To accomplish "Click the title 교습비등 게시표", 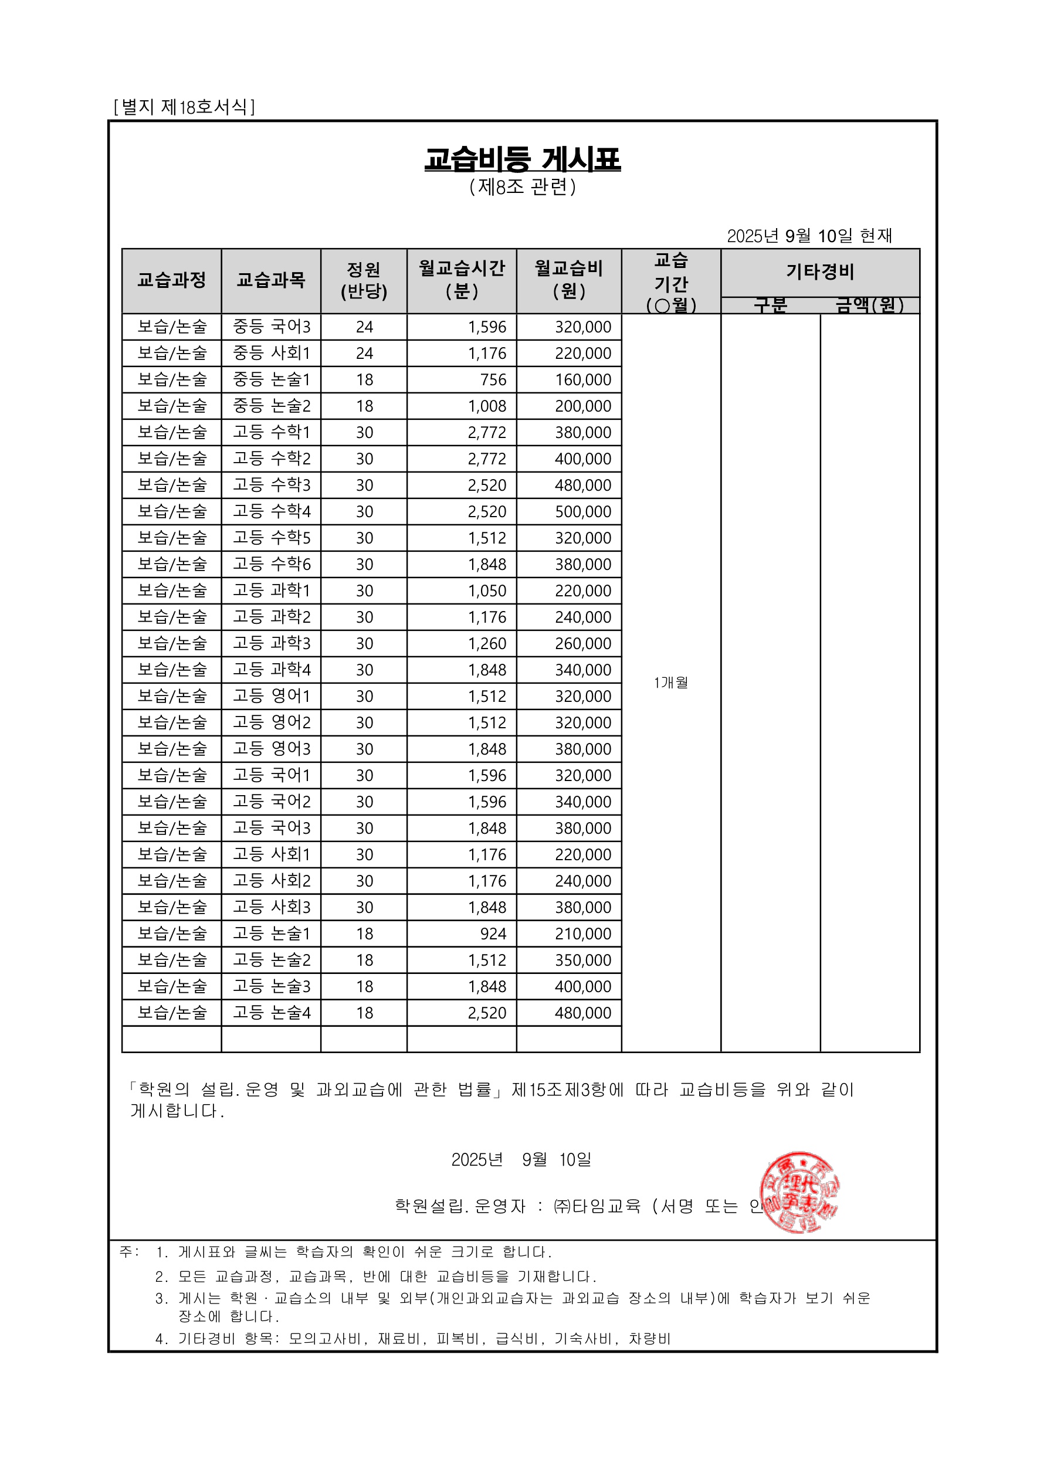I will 522,158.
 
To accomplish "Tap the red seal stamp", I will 799,1192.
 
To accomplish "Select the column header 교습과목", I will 271,280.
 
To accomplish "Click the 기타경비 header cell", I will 819,272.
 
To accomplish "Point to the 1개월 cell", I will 670,683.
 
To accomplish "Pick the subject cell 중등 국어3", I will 272,327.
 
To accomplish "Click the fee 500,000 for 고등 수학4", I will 583,512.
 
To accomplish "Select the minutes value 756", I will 493,379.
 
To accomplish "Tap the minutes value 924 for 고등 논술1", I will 493,934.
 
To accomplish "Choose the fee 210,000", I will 583,934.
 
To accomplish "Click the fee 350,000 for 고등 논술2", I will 583,960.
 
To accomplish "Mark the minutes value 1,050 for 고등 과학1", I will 487,590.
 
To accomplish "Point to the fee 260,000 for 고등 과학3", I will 583,643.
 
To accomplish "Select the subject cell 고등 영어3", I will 272,749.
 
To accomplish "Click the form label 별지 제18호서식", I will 184,106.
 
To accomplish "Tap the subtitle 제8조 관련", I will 522,187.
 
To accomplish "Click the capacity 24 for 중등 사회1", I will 364,353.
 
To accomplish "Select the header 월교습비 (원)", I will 568,280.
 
